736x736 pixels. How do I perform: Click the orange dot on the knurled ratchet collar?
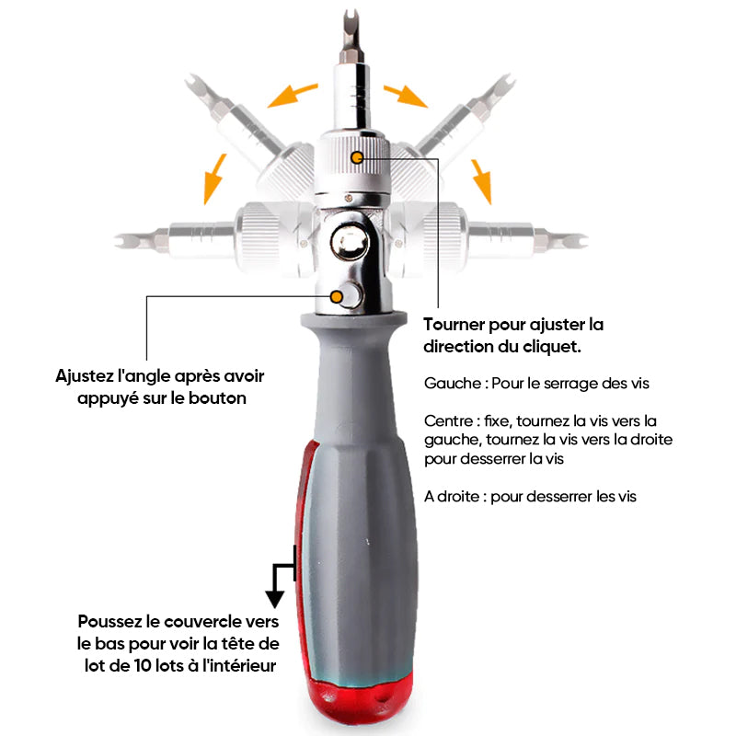[357, 157]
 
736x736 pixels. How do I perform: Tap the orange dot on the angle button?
[336, 296]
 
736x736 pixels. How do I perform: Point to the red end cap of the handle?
[361, 699]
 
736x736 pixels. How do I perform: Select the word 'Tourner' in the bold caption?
[454, 325]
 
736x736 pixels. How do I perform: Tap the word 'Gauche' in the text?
[453, 383]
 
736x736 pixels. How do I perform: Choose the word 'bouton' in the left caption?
[217, 398]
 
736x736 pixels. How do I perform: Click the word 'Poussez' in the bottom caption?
[109, 622]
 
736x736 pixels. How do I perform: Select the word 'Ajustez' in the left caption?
[85, 376]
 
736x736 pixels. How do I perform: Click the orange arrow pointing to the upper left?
[292, 96]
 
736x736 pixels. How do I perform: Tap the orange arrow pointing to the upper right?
[405, 96]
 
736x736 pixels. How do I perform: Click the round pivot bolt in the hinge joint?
[350, 243]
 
